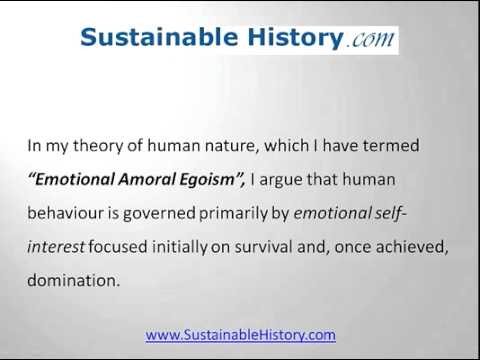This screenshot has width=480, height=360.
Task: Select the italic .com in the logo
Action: (x=370, y=40)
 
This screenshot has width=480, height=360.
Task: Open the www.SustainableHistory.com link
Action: (x=240, y=335)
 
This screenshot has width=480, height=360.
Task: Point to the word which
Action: (x=287, y=146)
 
